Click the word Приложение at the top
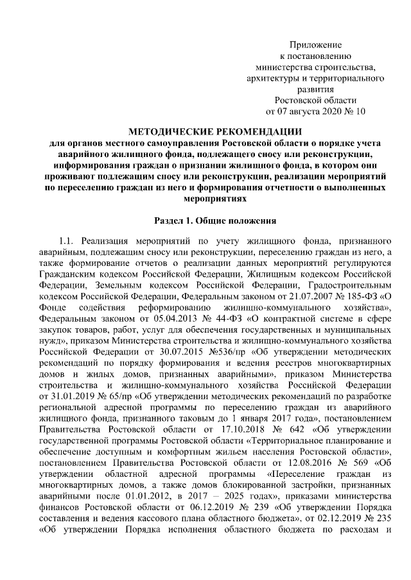[315, 45]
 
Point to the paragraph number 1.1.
[67, 241]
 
